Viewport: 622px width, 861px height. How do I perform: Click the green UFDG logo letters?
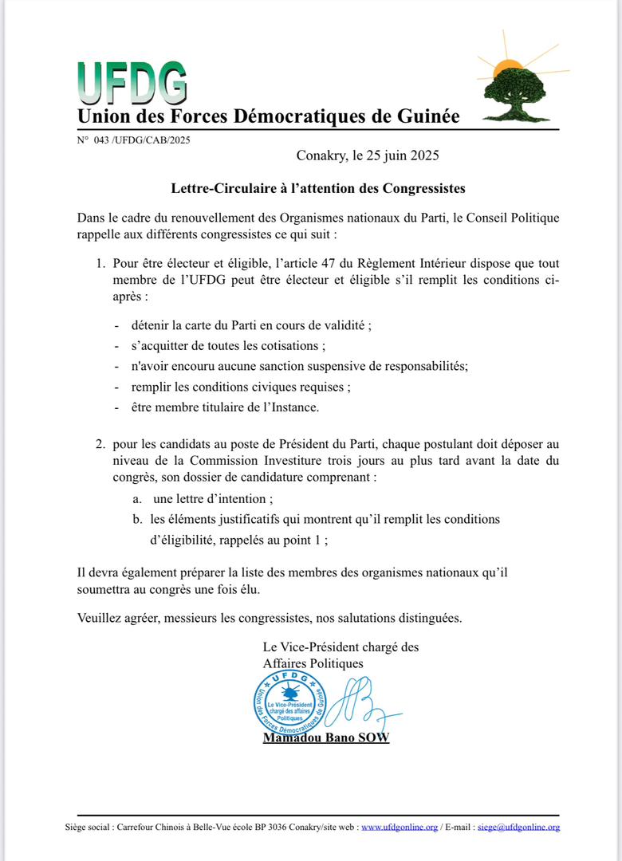[132, 84]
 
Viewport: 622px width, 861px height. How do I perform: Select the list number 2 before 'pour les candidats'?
[100, 442]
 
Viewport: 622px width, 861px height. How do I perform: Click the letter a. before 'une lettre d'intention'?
[137, 499]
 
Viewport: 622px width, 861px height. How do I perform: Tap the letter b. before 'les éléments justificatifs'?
[137, 519]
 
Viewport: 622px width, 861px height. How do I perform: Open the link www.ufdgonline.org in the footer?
[400, 828]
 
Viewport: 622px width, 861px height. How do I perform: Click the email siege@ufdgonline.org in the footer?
[518, 828]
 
